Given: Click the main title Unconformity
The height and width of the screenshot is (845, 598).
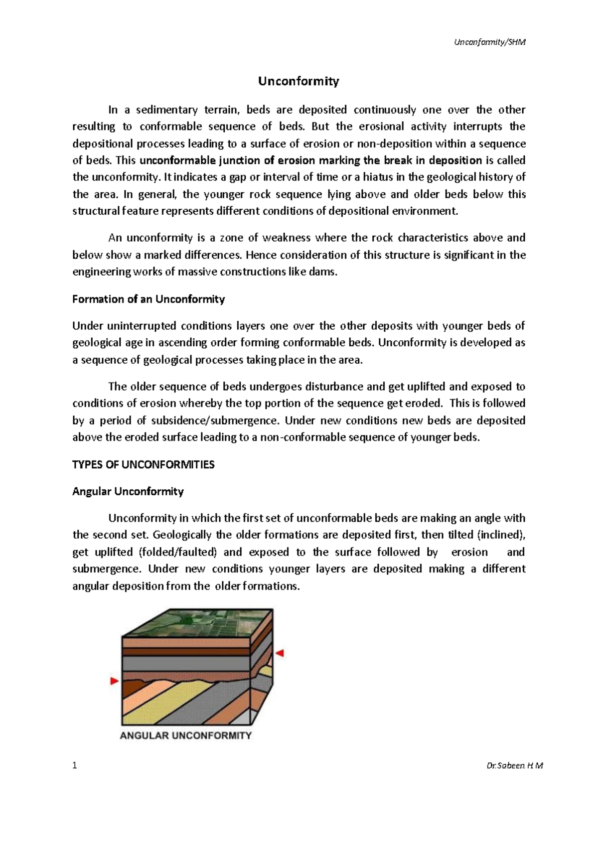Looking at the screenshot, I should (298, 81).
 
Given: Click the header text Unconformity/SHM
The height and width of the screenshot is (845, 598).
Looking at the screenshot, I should (489, 42).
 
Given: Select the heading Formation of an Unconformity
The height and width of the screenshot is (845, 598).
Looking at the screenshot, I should (149, 299).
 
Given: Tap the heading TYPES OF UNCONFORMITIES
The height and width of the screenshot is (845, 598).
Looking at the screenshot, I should (144, 465).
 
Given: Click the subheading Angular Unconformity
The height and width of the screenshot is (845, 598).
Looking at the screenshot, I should (128, 492).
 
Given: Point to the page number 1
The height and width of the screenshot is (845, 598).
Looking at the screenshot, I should (75, 766).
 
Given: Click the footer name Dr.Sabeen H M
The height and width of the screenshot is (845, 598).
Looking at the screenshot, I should (514, 766).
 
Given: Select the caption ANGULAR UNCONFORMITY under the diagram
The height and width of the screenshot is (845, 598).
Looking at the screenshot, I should (185, 735).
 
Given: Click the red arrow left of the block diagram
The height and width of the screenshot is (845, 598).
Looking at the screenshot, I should (115, 681).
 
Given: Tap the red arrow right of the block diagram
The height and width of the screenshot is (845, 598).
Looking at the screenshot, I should (280, 653).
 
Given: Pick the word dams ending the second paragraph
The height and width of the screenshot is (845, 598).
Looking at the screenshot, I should (324, 272).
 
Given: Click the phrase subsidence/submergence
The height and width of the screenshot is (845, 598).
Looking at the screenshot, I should (214, 421).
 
